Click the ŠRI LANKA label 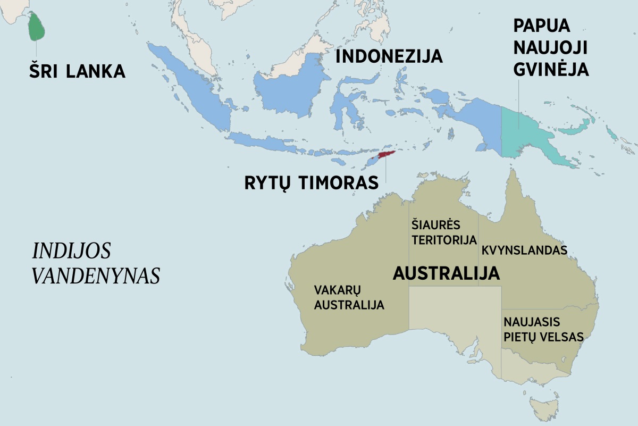[77, 71]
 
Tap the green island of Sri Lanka [36, 27]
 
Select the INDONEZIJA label [389, 56]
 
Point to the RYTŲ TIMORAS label [311, 182]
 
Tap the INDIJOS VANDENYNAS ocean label [96, 263]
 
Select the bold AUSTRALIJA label [446, 273]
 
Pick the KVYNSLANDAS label [524, 250]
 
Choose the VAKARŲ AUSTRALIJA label [349, 297]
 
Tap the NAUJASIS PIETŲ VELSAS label [543, 329]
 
